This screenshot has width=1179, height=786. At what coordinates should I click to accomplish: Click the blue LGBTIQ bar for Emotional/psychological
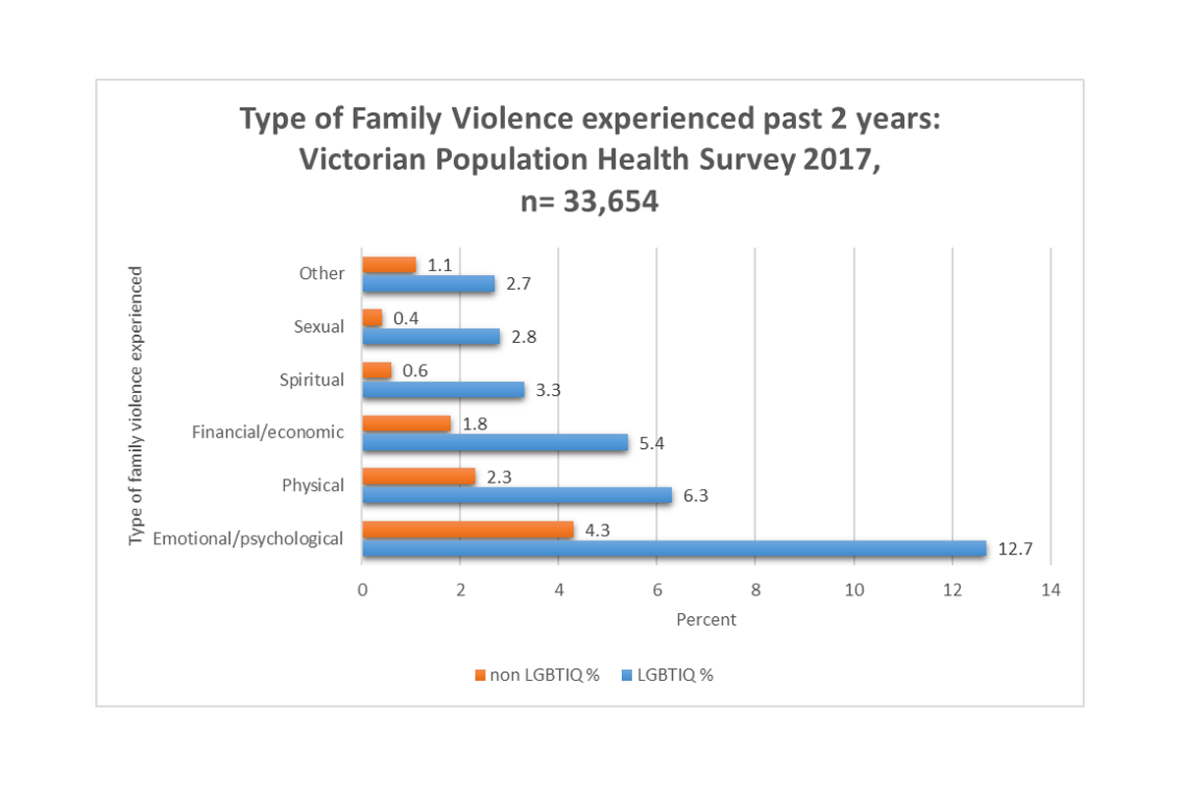pyautogui.click(x=674, y=549)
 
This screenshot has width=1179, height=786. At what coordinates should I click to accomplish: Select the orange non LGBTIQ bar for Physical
pyautogui.click(x=419, y=477)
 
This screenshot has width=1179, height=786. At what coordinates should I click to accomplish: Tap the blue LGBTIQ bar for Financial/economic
pyautogui.click(x=495, y=443)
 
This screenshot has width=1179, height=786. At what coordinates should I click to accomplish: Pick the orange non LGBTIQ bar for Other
pyautogui.click(x=389, y=264)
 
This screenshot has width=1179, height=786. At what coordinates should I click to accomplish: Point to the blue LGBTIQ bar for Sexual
pyautogui.click(x=431, y=337)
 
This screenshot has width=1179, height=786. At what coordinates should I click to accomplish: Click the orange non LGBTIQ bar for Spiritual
pyautogui.click(x=377, y=370)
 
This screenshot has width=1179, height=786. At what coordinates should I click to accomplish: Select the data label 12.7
pyautogui.click(x=1016, y=549)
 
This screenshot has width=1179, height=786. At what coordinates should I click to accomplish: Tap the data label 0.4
pyautogui.click(x=406, y=318)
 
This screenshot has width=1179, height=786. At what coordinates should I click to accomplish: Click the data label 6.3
pyautogui.click(x=696, y=496)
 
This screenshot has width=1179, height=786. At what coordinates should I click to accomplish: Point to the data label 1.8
pyautogui.click(x=475, y=424)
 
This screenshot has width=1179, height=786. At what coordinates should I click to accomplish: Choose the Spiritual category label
pyautogui.click(x=311, y=379)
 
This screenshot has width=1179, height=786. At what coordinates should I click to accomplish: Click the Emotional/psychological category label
pyautogui.click(x=248, y=538)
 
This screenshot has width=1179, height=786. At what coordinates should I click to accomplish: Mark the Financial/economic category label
pyautogui.click(x=268, y=432)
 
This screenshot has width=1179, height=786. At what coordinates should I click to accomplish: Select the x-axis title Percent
pyautogui.click(x=705, y=620)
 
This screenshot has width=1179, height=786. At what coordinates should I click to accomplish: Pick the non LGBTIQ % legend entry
pyautogui.click(x=536, y=675)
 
